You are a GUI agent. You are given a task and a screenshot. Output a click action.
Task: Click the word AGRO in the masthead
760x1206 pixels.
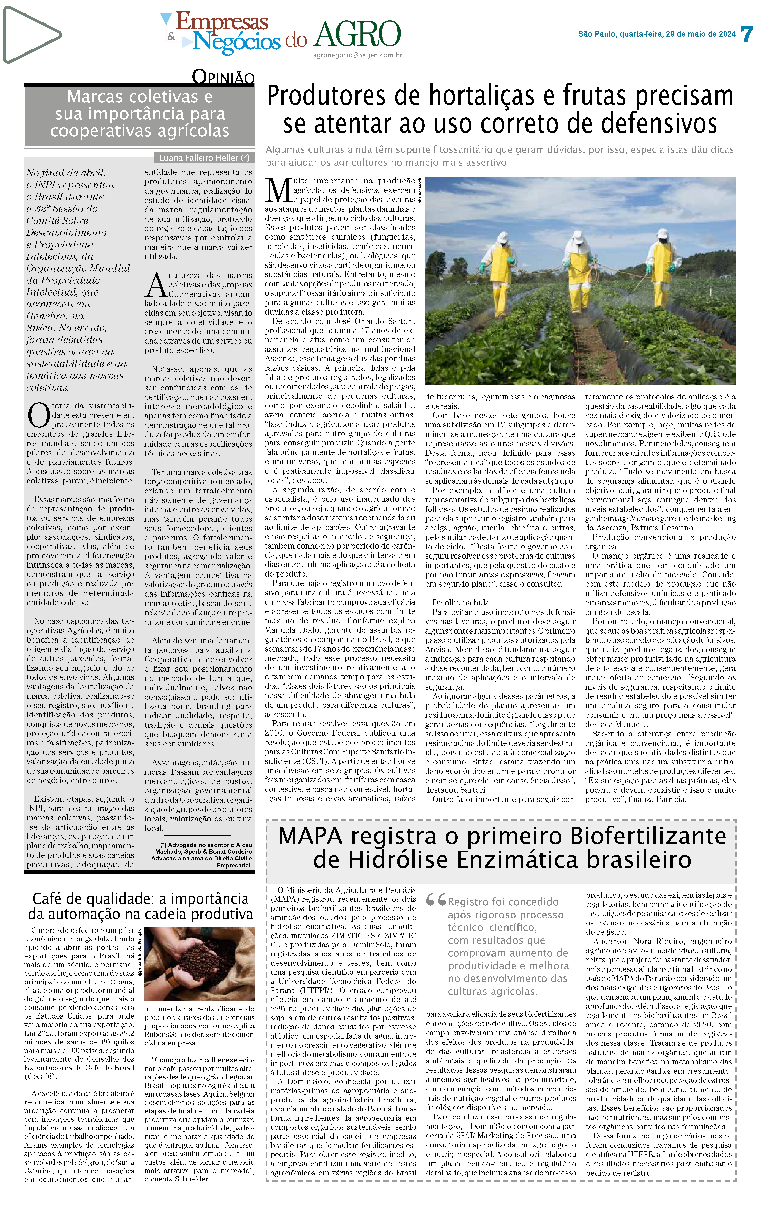[x=358, y=35]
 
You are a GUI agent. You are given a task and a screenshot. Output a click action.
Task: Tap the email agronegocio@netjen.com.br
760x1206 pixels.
[x=358, y=56]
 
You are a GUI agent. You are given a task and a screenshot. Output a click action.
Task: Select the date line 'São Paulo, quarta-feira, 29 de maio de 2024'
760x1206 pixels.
[x=657, y=34]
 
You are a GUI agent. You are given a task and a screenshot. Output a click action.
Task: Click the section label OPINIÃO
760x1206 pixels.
[x=224, y=77]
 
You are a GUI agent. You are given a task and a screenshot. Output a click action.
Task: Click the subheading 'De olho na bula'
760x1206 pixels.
[x=460, y=602]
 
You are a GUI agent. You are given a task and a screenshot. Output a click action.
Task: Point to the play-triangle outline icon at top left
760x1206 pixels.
[x=31, y=34]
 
